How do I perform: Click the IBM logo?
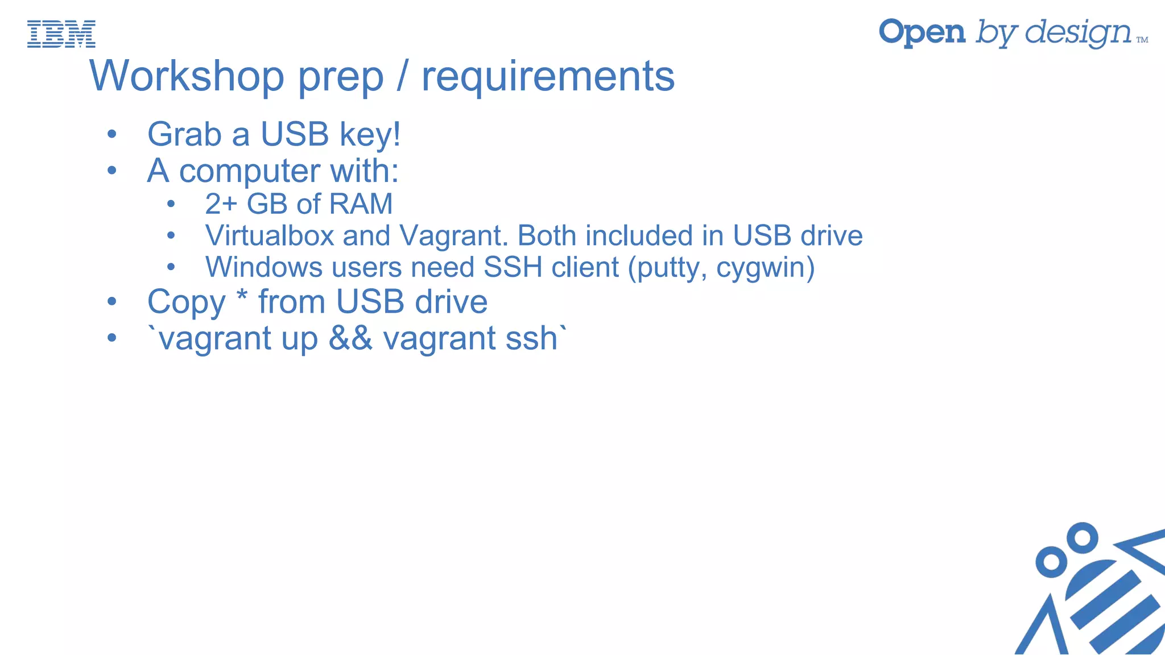coord(61,34)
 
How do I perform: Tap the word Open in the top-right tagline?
coord(922,32)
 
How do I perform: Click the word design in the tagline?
coord(1078,34)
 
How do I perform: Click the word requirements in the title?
coord(548,77)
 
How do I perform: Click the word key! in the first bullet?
coord(370,135)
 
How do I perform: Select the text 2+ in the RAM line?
coord(221,204)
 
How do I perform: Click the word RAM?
coord(361,204)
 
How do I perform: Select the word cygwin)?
coord(765,268)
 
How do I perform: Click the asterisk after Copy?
coord(242,296)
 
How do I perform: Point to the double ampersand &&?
coord(350,338)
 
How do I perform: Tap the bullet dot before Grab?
coord(111,135)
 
